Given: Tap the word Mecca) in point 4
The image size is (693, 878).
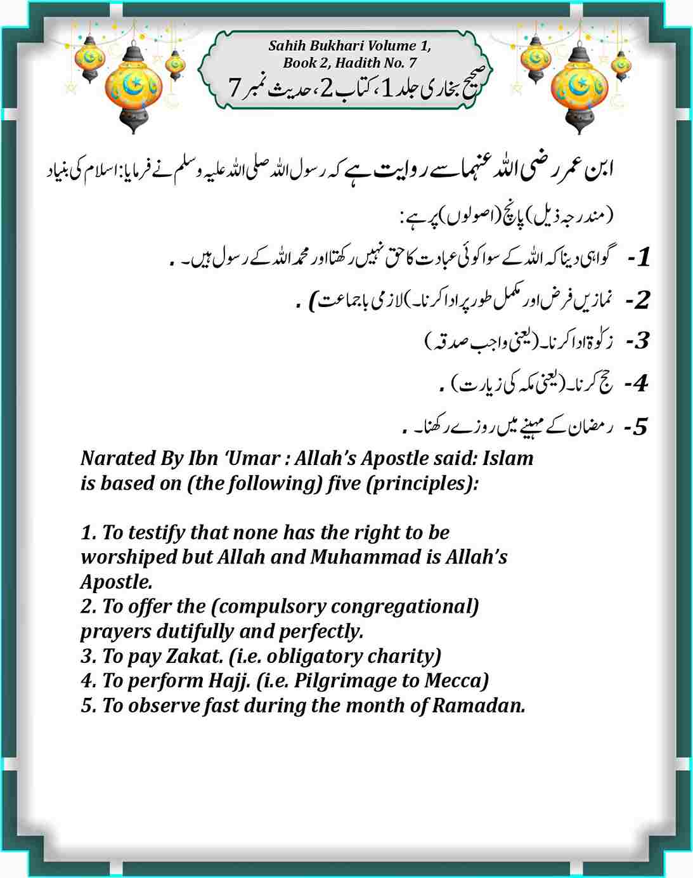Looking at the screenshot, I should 457,681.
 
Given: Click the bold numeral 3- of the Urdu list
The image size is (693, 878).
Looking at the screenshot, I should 637,341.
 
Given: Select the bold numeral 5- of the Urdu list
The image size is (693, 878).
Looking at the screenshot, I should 636,427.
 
